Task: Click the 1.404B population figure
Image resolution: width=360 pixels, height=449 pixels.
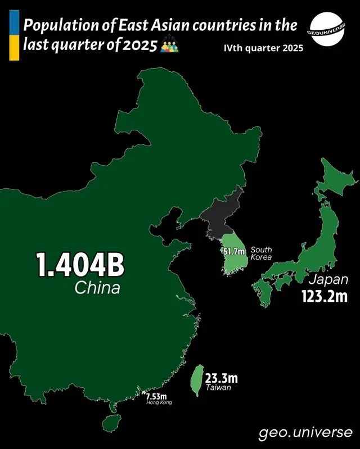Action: pyautogui.click(x=80, y=265)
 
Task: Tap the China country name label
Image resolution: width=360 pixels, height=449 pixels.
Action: pyautogui.click(x=97, y=289)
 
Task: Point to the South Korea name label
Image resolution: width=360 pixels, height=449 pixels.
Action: pyautogui.click(x=262, y=253)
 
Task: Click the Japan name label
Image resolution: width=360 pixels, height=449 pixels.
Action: pyautogui.click(x=327, y=279)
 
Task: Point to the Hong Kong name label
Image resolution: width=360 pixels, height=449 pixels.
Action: pyautogui.click(x=159, y=403)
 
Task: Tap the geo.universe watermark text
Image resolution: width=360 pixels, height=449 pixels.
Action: pyautogui.click(x=306, y=433)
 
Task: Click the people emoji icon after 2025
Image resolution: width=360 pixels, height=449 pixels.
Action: pyautogui.click(x=169, y=47)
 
